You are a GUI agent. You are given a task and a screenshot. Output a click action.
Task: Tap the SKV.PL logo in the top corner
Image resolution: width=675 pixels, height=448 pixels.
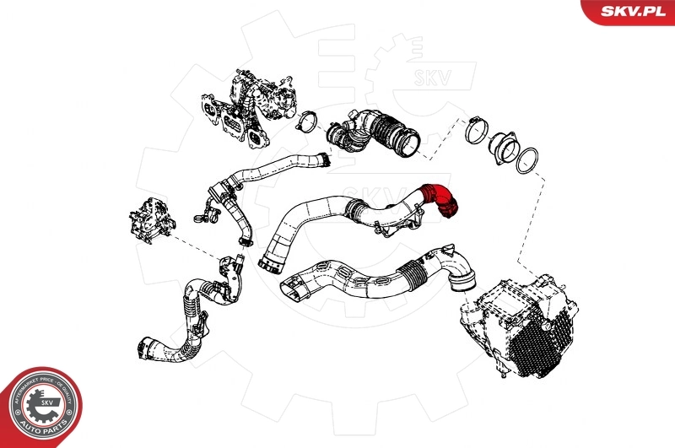[627, 10]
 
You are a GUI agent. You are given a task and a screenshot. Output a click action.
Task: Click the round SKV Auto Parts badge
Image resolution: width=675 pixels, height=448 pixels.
[40, 406]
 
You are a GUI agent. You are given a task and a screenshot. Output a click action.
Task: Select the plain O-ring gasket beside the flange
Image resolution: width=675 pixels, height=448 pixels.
[529, 159]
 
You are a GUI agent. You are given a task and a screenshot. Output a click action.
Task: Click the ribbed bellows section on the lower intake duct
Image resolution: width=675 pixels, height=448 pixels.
[414, 273]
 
